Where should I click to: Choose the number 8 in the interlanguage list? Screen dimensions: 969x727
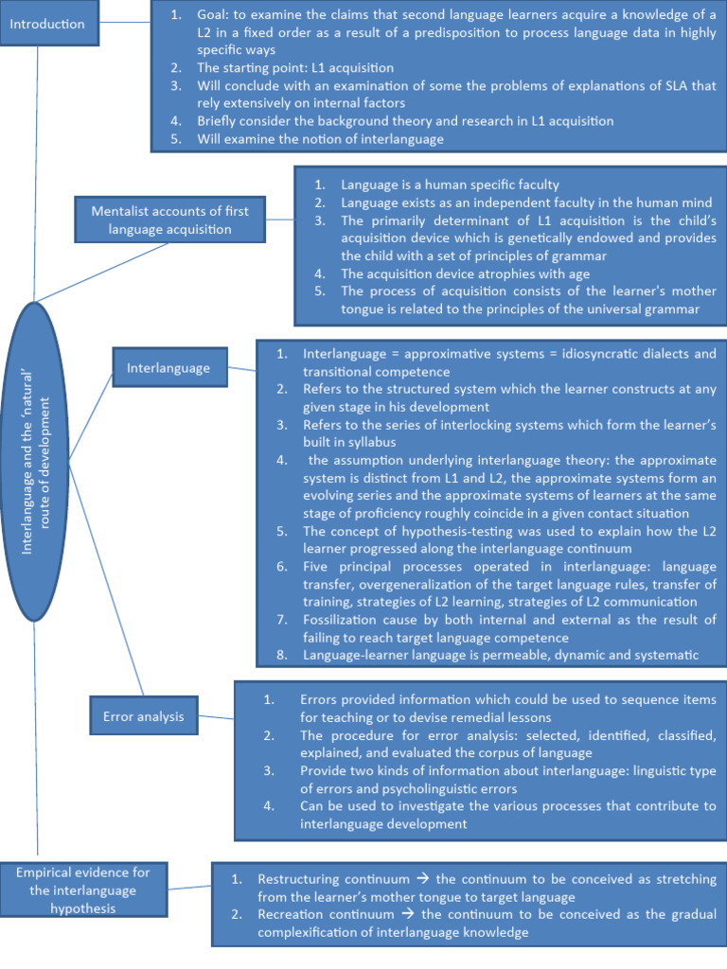click(x=282, y=654)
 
